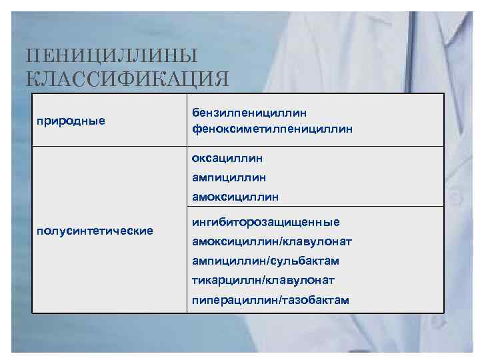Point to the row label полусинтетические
pos(95,231)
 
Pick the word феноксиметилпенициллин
pos(272,127)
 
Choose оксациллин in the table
pos(227,159)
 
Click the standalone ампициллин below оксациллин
pos(229,178)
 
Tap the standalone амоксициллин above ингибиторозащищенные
pos(235,197)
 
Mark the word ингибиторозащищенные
pos(265,222)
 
